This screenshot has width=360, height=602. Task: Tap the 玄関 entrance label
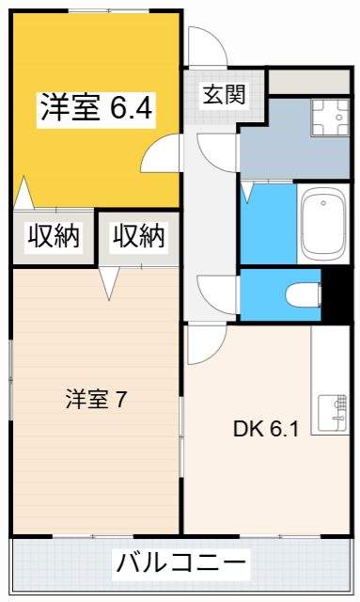(224, 94)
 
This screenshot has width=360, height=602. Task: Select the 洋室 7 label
(96, 399)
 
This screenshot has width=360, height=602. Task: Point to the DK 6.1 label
(266, 430)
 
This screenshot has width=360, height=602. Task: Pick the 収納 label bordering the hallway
(139, 236)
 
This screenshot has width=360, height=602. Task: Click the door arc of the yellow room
(164, 151)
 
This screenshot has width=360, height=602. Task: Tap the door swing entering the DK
(202, 345)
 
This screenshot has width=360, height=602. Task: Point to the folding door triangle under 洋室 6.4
(24, 193)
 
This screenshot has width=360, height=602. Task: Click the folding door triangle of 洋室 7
(111, 282)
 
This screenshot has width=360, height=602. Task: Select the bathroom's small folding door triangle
(247, 193)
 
